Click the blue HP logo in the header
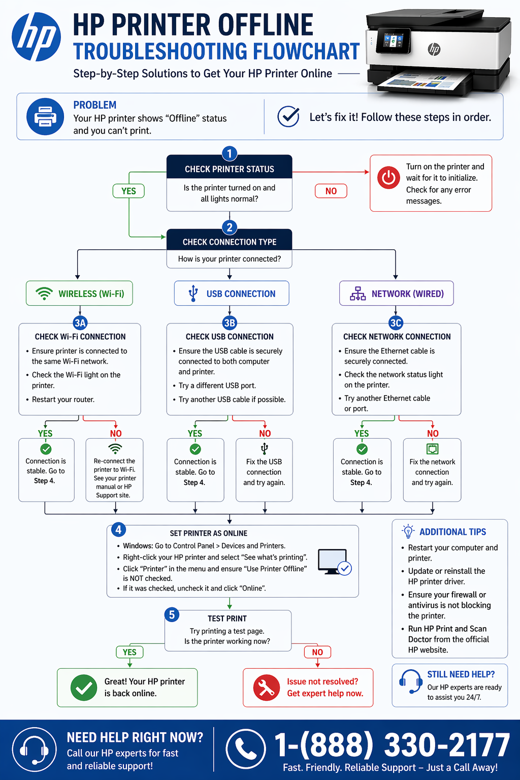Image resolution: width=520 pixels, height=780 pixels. (x=36, y=37)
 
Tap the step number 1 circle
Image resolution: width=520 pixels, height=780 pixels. (x=230, y=153)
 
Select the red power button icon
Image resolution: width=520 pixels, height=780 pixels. (x=388, y=178)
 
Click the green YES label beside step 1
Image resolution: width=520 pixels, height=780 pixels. (x=128, y=191)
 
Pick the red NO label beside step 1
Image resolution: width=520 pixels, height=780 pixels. (x=331, y=191)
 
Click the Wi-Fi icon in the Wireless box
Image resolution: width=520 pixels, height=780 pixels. (x=44, y=294)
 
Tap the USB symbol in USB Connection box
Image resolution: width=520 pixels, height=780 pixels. (x=193, y=294)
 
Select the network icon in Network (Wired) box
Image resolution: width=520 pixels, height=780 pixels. (x=357, y=294)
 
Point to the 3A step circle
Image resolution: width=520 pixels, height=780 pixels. (x=80, y=323)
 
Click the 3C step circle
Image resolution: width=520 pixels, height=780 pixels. (x=396, y=323)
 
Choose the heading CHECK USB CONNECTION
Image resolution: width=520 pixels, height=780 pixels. (x=230, y=337)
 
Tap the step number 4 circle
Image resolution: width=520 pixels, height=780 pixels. (x=118, y=530)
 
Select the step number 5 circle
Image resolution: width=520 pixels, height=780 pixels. (x=172, y=615)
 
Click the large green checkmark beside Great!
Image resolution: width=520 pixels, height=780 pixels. (x=84, y=688)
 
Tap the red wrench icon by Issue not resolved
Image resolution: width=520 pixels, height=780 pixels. (x=266, y=688)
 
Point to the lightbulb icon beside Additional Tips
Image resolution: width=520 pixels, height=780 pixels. (x=408, y=531)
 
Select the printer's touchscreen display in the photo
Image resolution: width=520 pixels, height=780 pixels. (x=392, y=41)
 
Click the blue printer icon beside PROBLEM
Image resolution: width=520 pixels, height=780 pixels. (x=45, y=116)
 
